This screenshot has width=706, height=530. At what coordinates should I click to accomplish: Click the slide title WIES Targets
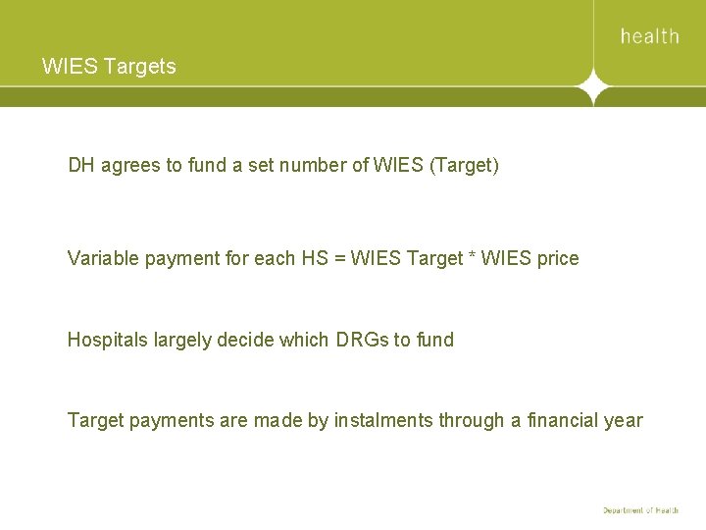coord(109,67)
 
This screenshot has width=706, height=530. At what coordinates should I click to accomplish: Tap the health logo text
coord(649,36)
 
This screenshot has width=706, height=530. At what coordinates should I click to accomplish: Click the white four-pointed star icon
coord(592,87)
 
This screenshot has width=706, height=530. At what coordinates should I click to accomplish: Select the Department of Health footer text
coord(640,510)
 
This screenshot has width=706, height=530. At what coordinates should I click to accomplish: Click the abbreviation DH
coord(82,165)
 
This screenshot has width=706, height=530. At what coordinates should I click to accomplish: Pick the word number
coord(310,165)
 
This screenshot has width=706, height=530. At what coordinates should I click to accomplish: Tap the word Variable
coord(103,258)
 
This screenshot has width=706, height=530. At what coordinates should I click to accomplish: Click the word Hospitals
coord(107,340)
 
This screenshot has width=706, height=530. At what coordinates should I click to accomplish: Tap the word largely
coord(181,340)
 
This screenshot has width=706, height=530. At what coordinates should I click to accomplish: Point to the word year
coord(624,421)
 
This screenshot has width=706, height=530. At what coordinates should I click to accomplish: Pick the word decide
coord(245,340)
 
